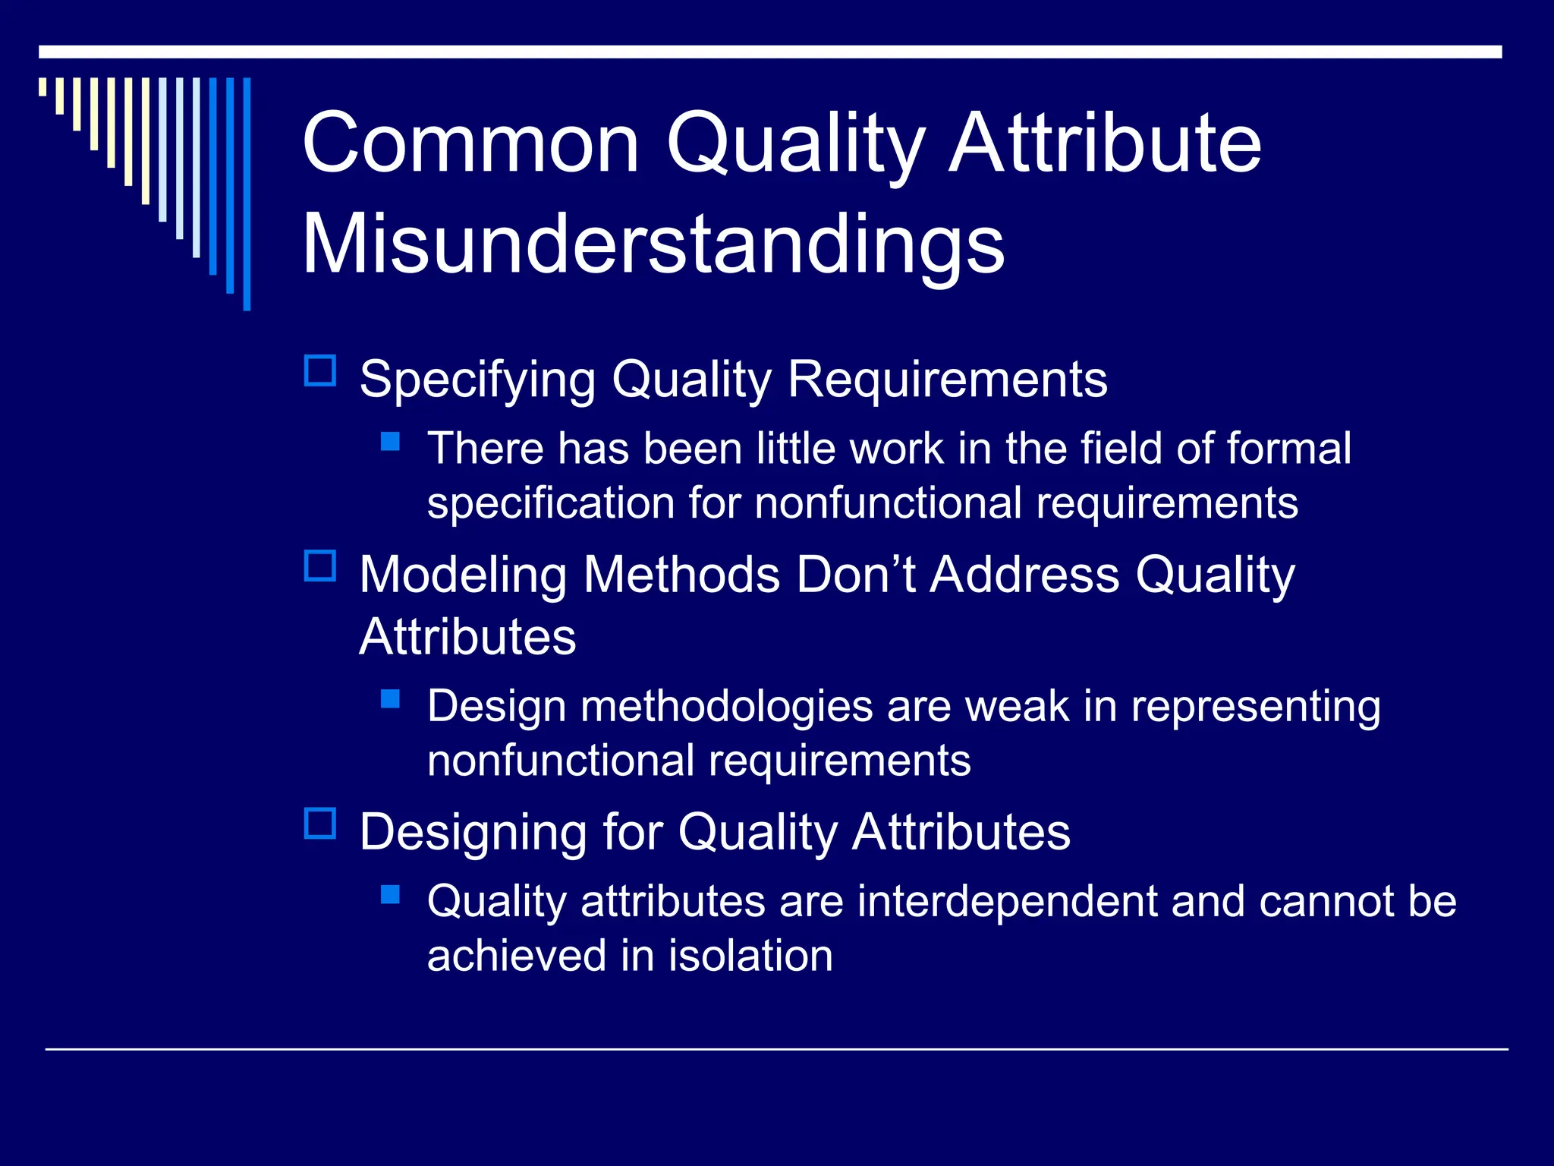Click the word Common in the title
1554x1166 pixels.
pyautogui.click(x=470, y=143)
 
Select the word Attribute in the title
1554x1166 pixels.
pyautogui.click(x=1105, y=143)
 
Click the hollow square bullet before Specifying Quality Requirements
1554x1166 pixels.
pyautogui.click(x=320, y=371)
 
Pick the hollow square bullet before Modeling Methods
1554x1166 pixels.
pyautogui.click(x=320, y=566)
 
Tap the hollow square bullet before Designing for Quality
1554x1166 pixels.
pyautogui.click(x=320, y=824)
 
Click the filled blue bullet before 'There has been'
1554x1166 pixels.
pyautogui.click(x=390, y=441)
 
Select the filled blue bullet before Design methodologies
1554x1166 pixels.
pyautogui.click(x=390, y=698)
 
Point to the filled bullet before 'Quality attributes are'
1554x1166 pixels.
pyautogui.click(x=390, y=894)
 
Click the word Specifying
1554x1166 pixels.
pyautogui.click(x=477, y=380)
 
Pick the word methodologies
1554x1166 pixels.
pyautogui.click(x=726, y=707)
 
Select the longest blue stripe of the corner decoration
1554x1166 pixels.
pyautogui.click(x=247, y=194)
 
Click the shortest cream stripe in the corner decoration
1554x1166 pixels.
pyautogui.click(x=42, y=87)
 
